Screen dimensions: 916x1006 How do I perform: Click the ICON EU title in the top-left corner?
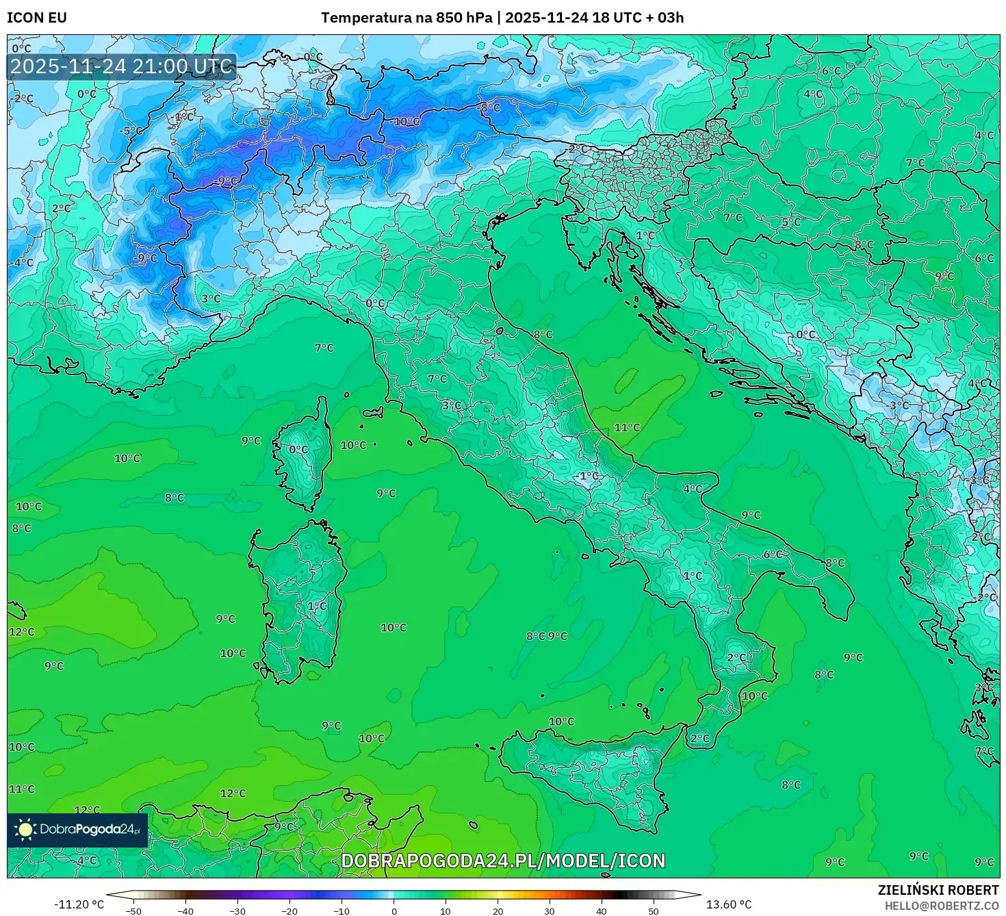pos(37,18)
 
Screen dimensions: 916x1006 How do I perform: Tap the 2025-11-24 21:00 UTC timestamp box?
pos(121,66)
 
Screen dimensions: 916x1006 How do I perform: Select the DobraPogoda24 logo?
pos(77,830)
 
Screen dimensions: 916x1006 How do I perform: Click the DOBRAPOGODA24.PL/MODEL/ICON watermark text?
pos(503,861)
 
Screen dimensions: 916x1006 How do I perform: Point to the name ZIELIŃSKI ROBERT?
pos(938,890)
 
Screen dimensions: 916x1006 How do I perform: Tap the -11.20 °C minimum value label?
pos(79,904)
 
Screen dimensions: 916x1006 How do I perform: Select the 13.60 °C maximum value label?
pos(729,904)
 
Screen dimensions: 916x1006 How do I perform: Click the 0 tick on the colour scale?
pos(394,911)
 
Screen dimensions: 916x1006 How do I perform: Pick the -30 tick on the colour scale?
pos(237,911)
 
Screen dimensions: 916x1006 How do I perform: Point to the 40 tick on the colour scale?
pos(602,911)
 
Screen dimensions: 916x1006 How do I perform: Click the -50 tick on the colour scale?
pos(133,911)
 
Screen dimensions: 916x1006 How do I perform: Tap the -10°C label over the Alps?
pos(407,122)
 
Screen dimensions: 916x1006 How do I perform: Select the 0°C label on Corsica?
pos(298,450)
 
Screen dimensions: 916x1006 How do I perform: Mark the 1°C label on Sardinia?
pos(317,606)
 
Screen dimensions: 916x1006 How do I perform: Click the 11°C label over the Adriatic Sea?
pos(627,428)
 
